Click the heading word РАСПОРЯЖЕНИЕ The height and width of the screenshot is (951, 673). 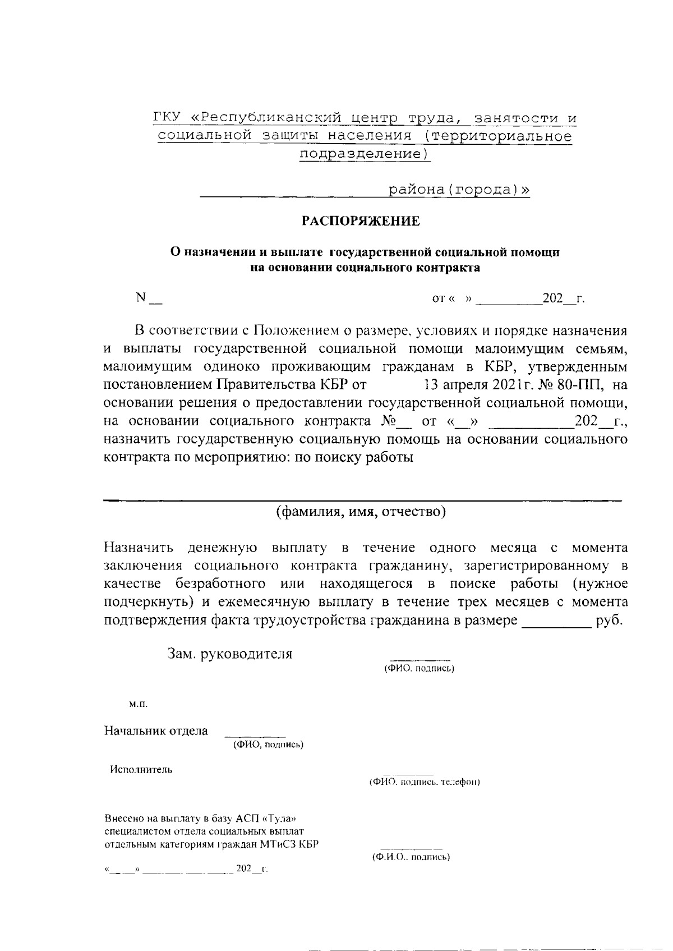(x=361, y=221)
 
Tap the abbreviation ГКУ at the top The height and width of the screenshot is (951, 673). (x=167, y=118)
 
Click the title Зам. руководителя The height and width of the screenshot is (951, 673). (x=230, y=654)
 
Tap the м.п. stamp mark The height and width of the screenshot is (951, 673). (x=138, y=703)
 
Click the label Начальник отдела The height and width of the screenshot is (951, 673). (x=156, y=731)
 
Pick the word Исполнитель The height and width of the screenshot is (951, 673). (x=141, y=769)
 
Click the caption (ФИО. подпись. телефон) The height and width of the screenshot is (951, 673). (x=424, y=782)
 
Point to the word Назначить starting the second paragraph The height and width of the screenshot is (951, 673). (x=138, y=547)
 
